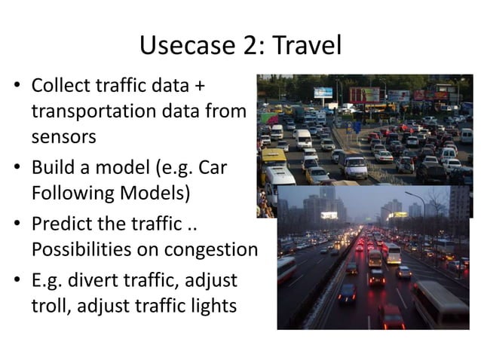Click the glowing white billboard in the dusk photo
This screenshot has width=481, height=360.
(x=329, y=215)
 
